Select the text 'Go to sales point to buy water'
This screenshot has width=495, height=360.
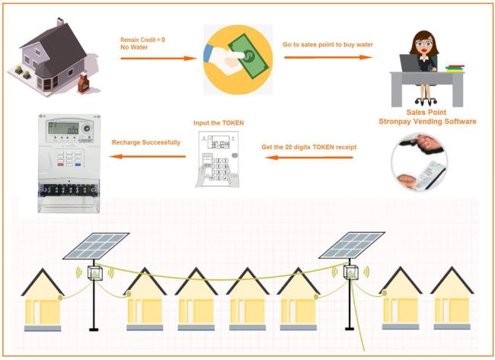pos(328,44)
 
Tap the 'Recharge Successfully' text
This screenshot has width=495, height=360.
pos(146,142)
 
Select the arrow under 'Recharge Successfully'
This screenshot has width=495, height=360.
pos(145,157)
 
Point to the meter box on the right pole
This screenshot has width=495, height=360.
pos(351,272)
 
